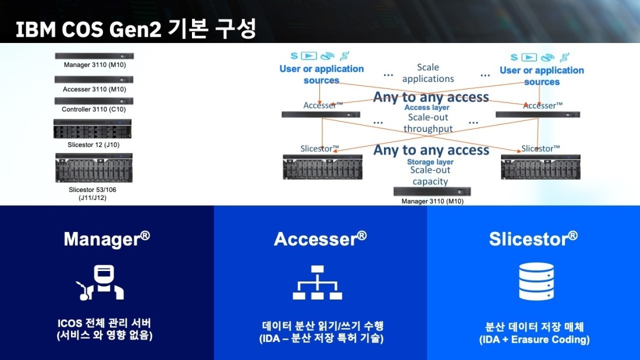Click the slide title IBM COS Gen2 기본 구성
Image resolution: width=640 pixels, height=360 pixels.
(x=136, y=28)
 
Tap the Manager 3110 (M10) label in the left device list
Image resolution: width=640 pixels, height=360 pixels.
(x=95, y=65)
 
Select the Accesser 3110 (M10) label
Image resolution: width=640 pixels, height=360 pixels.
(x=94, y=90)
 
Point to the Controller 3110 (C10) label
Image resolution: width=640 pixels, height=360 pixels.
(x=94, y=109)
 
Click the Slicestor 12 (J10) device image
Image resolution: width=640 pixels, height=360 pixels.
(x=93, y=129)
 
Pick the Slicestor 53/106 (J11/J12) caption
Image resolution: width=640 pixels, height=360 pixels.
(x=93, y=194)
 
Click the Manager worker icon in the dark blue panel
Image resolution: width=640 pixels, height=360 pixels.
(x=101, y=283)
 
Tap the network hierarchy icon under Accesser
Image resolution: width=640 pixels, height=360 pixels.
(x=318, y=283)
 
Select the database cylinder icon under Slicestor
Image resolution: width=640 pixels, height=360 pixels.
(x=536, y=281)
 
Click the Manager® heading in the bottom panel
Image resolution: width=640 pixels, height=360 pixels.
(x=107, y=239)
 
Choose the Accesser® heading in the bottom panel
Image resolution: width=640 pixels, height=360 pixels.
(x=321, y=239)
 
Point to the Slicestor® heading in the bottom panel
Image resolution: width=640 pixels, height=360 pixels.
(x=534, y=239)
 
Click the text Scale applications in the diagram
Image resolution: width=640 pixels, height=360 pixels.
(x=428, y=73)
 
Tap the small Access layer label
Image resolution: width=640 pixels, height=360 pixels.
(x=427, y=108)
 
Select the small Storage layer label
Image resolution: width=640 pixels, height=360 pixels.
(x=430, y=162)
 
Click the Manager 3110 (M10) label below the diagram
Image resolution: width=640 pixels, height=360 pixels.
(x=433, y=201)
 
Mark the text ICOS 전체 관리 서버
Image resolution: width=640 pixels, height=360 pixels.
(x=105, y=323)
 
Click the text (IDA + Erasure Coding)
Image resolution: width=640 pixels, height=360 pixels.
(x=534, y=340)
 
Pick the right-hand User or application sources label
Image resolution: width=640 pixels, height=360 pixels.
(x=542, y=76)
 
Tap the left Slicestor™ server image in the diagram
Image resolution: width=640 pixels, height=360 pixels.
(x=322, y=167)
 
